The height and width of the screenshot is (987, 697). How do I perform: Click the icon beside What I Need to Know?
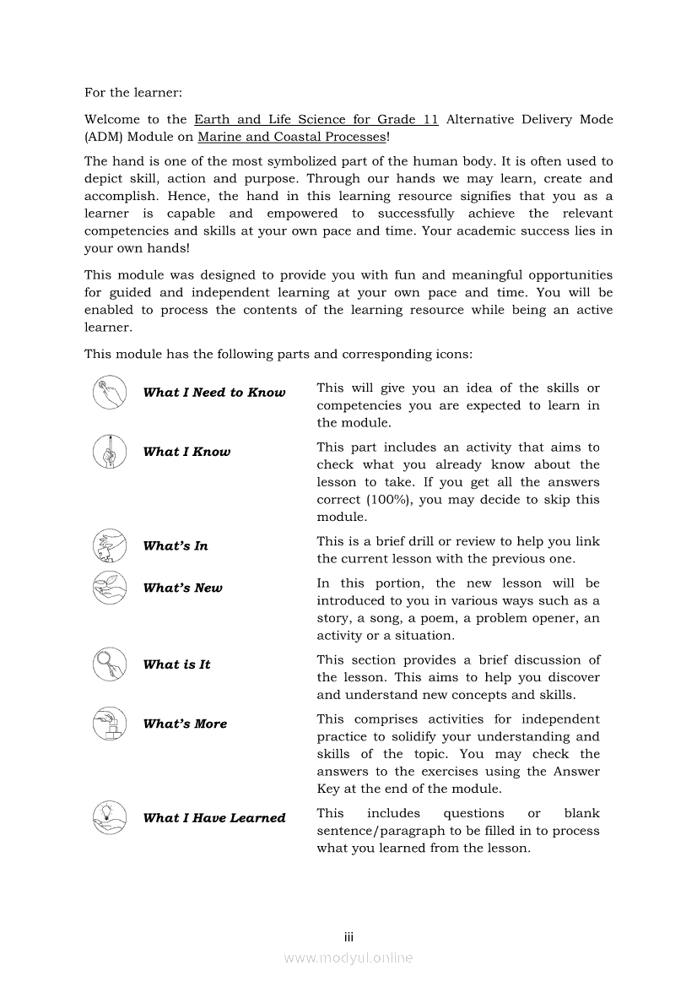[x=110, y=393]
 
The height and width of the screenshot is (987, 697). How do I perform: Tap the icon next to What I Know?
[x=110, y=452]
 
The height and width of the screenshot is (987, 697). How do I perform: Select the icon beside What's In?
[x=110, y=545]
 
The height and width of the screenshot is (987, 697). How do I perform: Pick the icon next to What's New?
[x=110, y=588]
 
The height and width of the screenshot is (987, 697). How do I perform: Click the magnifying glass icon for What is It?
[x=110, y=664]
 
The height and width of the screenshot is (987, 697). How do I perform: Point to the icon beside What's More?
[x=110, y=724]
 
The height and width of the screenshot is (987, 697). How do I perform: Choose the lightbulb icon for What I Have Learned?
[x=110, y=817]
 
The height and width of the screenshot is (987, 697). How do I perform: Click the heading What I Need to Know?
[x=214, y=393]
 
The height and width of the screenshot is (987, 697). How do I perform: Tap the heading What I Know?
[x=186, y=452]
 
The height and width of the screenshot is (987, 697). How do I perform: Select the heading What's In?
[x=176, y=546]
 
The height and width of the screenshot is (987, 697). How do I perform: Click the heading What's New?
[x=183, y=588]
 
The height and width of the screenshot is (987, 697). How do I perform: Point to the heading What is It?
[x=176, y=665]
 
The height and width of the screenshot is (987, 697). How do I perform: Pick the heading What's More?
[x=185, y=724]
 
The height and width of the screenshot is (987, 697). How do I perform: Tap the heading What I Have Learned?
[x=214, y=818]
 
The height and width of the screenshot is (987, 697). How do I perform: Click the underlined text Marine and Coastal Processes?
[x=291, y=137]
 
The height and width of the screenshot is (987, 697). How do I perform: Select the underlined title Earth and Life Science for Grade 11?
[x=316, y=119]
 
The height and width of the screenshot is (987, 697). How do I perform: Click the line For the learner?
[x=133, y=92]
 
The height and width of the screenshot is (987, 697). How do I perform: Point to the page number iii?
[x=348, y=937]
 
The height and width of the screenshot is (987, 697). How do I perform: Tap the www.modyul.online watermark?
[x=348, y=957]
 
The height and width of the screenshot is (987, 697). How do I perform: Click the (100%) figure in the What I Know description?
[x=391, y=500]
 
